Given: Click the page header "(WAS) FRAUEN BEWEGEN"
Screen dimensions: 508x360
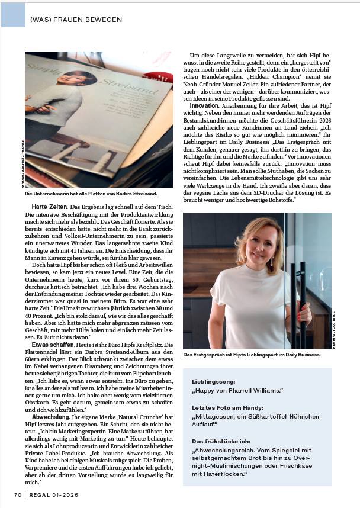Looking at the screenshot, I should coord(76,20).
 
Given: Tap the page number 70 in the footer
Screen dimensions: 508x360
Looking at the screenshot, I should coord(18,494).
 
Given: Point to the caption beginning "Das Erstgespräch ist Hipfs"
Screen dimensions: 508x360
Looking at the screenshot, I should coord(252,355).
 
